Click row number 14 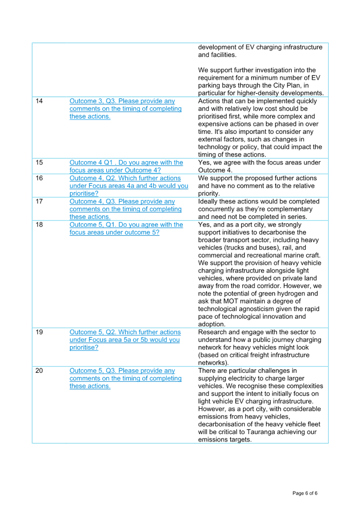point(39,101)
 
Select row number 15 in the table point(39,163)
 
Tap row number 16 point(39,178)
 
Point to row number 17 point(39,201)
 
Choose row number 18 point(39,225)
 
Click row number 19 point(39,332)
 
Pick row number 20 point(39,371)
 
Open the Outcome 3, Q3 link point(125,109)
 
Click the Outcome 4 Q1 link point(126,166)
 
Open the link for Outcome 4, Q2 point(129,186)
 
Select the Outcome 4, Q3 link point(125,209)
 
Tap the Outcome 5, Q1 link point(126,229)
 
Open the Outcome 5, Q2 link point(125,340)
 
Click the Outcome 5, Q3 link point(125,379)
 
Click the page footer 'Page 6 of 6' point(305,493)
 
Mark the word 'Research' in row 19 point(211,332)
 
